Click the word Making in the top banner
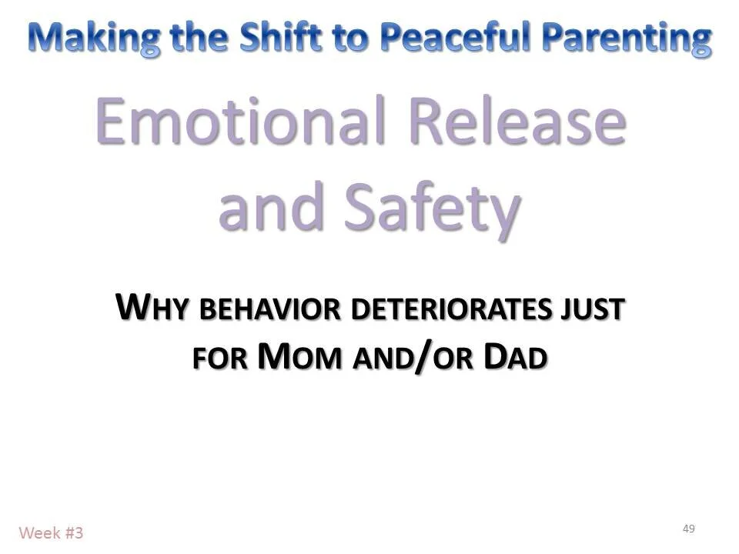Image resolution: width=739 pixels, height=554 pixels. tap(94, 38)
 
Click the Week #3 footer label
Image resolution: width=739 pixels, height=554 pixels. tap(51, 532)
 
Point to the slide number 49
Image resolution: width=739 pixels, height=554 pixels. tap(688, 529)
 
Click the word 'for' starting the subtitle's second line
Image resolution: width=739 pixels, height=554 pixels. tap(219, 359)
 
